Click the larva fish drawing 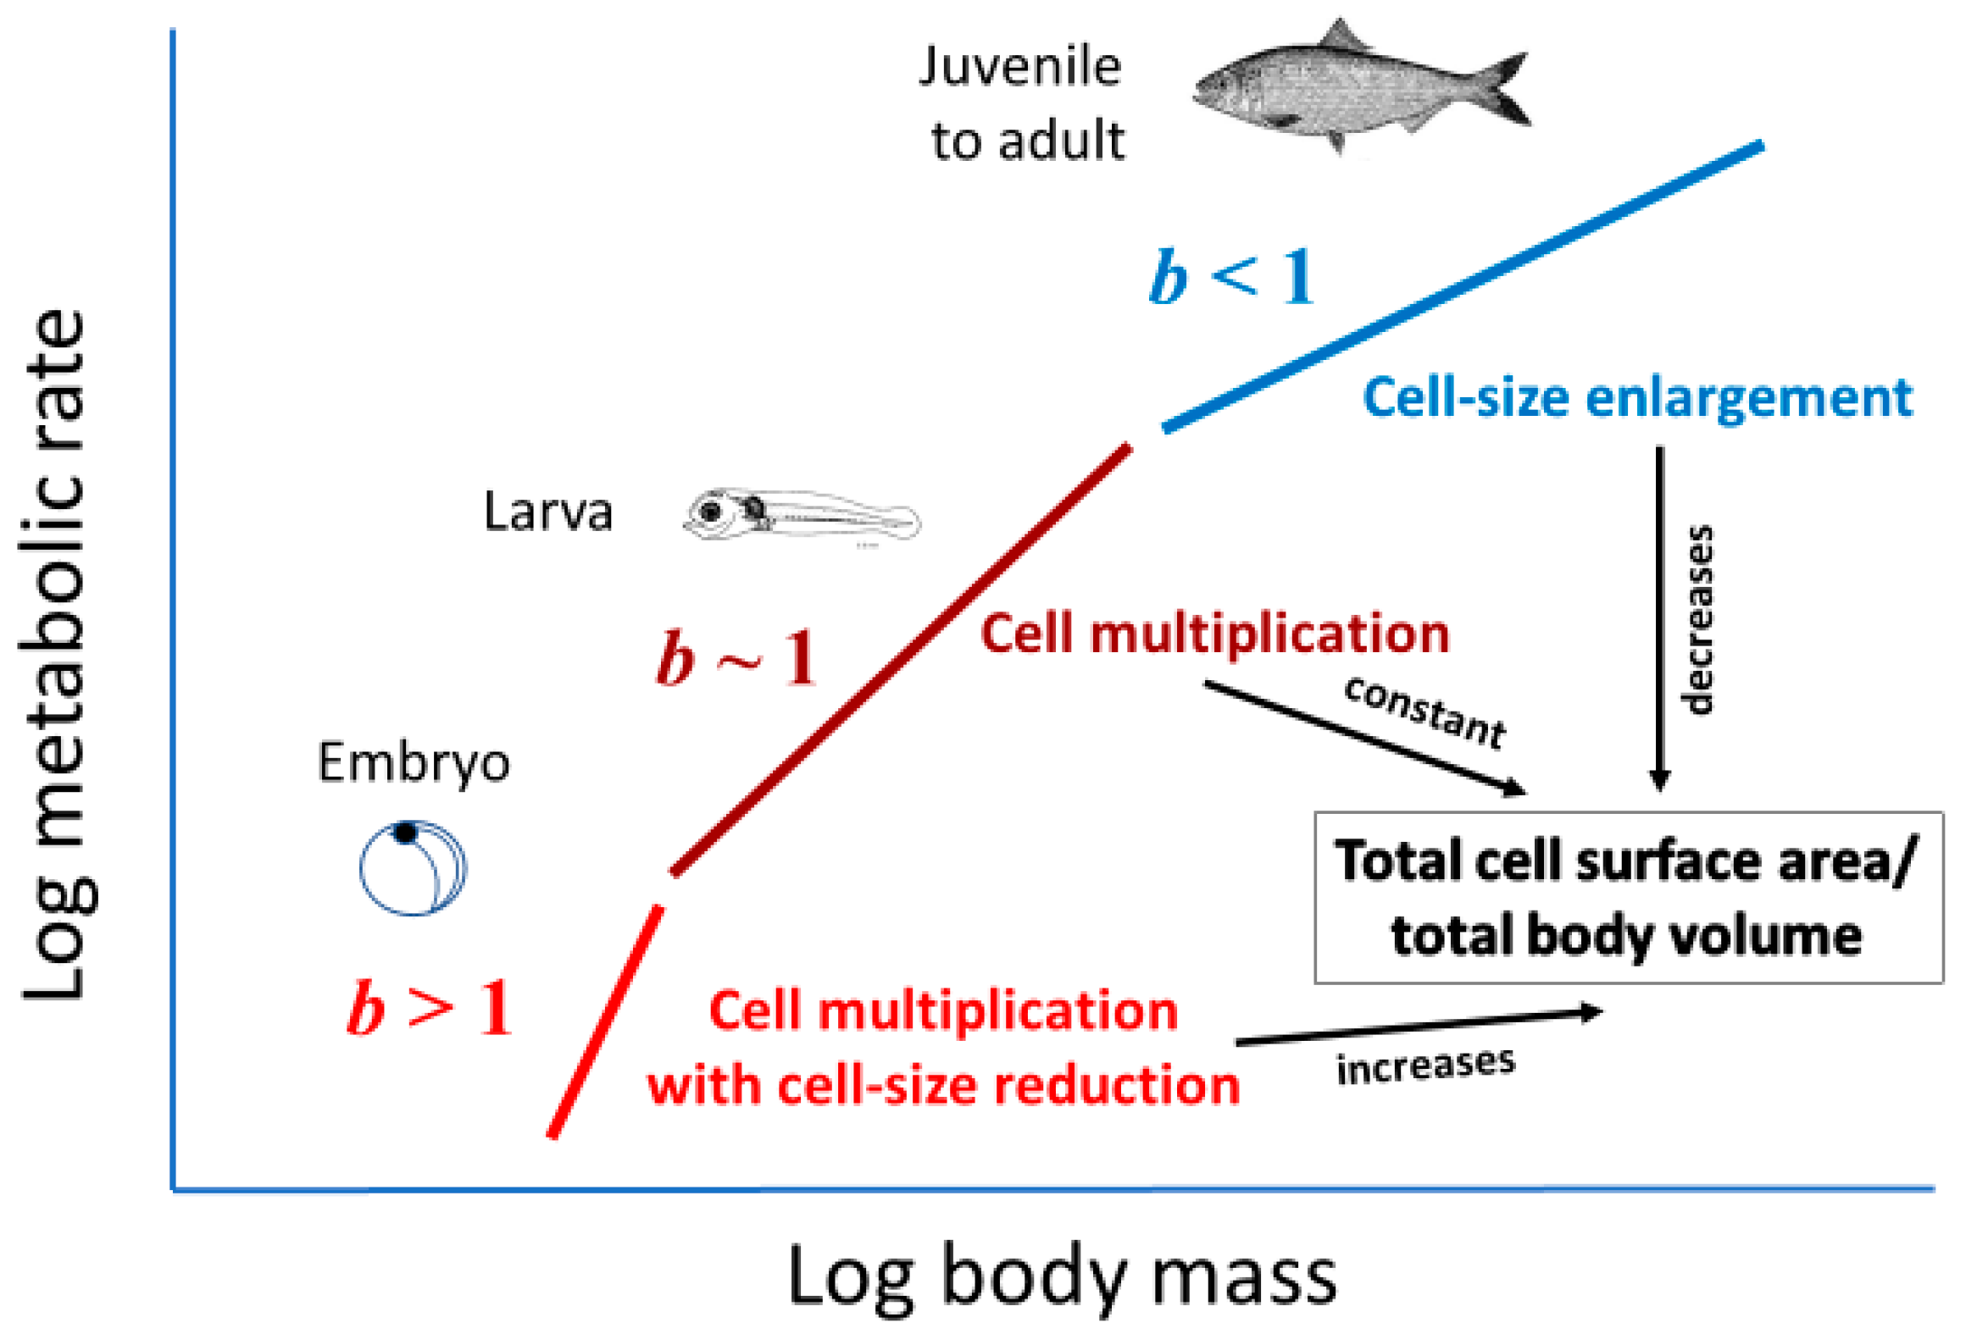(801, 515)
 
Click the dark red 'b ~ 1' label (736, 658)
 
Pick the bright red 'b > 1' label (430, 1008)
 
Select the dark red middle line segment (901, 659)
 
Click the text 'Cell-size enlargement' (1636, 398)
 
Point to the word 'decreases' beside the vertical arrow (1697, 620)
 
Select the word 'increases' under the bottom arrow (1425, 1066)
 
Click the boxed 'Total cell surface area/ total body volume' (1628, 898)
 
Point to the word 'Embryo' (414, 762)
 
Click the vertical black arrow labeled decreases (1659, 618)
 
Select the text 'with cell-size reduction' (942, 1086)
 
